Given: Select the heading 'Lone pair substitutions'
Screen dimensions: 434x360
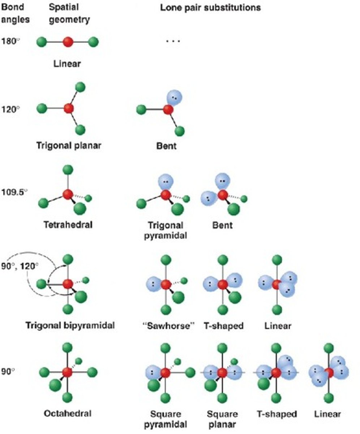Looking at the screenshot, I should [x=210, y=8].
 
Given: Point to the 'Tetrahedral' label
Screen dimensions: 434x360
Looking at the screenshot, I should [x=68, y=225].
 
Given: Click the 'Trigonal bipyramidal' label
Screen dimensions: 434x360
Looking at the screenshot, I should [x=70, y=325].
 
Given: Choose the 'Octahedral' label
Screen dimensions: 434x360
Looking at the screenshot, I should [x=68, y=413].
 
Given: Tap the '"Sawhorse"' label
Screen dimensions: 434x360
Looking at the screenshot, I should [x=167, y=326].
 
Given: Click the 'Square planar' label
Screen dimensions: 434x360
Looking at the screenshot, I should [x=222, y=418].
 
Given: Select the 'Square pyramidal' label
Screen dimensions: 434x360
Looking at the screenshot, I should [x=166, y=418].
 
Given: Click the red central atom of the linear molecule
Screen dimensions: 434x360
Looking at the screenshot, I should [x=68, y=42].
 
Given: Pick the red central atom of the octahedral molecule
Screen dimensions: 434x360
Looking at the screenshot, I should [x=67, y=372].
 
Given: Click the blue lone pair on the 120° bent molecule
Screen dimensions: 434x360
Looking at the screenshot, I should [x=175, y=97].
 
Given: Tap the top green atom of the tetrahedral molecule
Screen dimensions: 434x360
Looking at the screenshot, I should [x=68, y=170].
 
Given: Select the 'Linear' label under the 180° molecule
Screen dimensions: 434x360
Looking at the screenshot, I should [x=67, y=64].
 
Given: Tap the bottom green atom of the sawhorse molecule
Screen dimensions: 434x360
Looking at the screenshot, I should [x=166, y=310].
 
